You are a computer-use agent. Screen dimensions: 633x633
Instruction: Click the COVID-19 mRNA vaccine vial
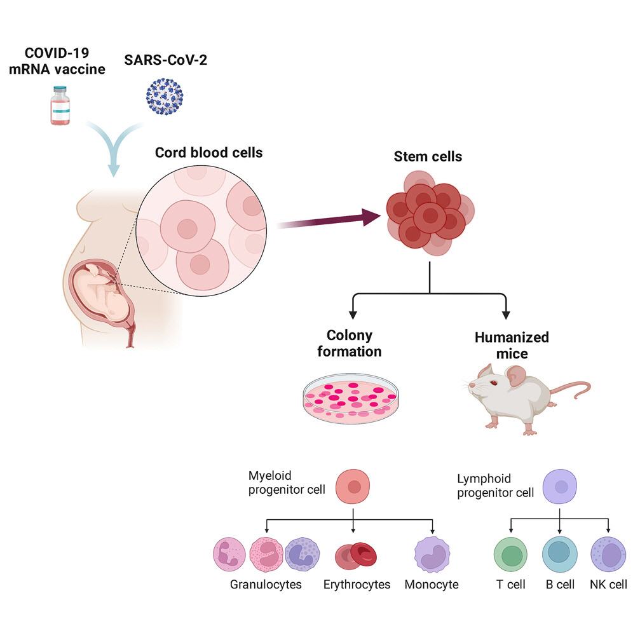[x=60, y=105]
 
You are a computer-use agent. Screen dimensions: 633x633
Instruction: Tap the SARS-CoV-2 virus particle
[x=165, y=97]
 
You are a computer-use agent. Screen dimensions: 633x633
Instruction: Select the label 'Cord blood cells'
[x=208, y=153]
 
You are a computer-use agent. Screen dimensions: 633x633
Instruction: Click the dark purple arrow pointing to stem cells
[x=329, y=220]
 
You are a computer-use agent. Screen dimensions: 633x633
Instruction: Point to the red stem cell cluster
[x=430, y=213]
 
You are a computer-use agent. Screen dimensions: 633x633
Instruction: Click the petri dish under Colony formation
[x=351, y=398]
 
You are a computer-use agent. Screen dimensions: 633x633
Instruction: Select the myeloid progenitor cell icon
[x=353, y=486]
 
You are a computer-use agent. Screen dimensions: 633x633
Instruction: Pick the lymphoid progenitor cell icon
[x=560, y=486]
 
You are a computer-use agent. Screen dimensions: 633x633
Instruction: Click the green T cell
[x=511, y=554]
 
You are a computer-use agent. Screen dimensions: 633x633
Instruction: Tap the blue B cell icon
[x=559, y=554]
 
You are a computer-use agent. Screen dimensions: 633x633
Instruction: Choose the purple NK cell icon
[x=608, y=554]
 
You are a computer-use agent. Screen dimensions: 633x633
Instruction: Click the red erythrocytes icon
[x=356, y=554]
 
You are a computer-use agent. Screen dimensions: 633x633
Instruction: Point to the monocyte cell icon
[x=432, y=554]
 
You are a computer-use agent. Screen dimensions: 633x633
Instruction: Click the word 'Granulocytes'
[x=266, y=584]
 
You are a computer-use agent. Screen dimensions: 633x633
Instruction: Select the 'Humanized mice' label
[x=512, y=345]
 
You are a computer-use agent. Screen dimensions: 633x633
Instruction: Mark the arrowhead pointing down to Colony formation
[x=353, y=315]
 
